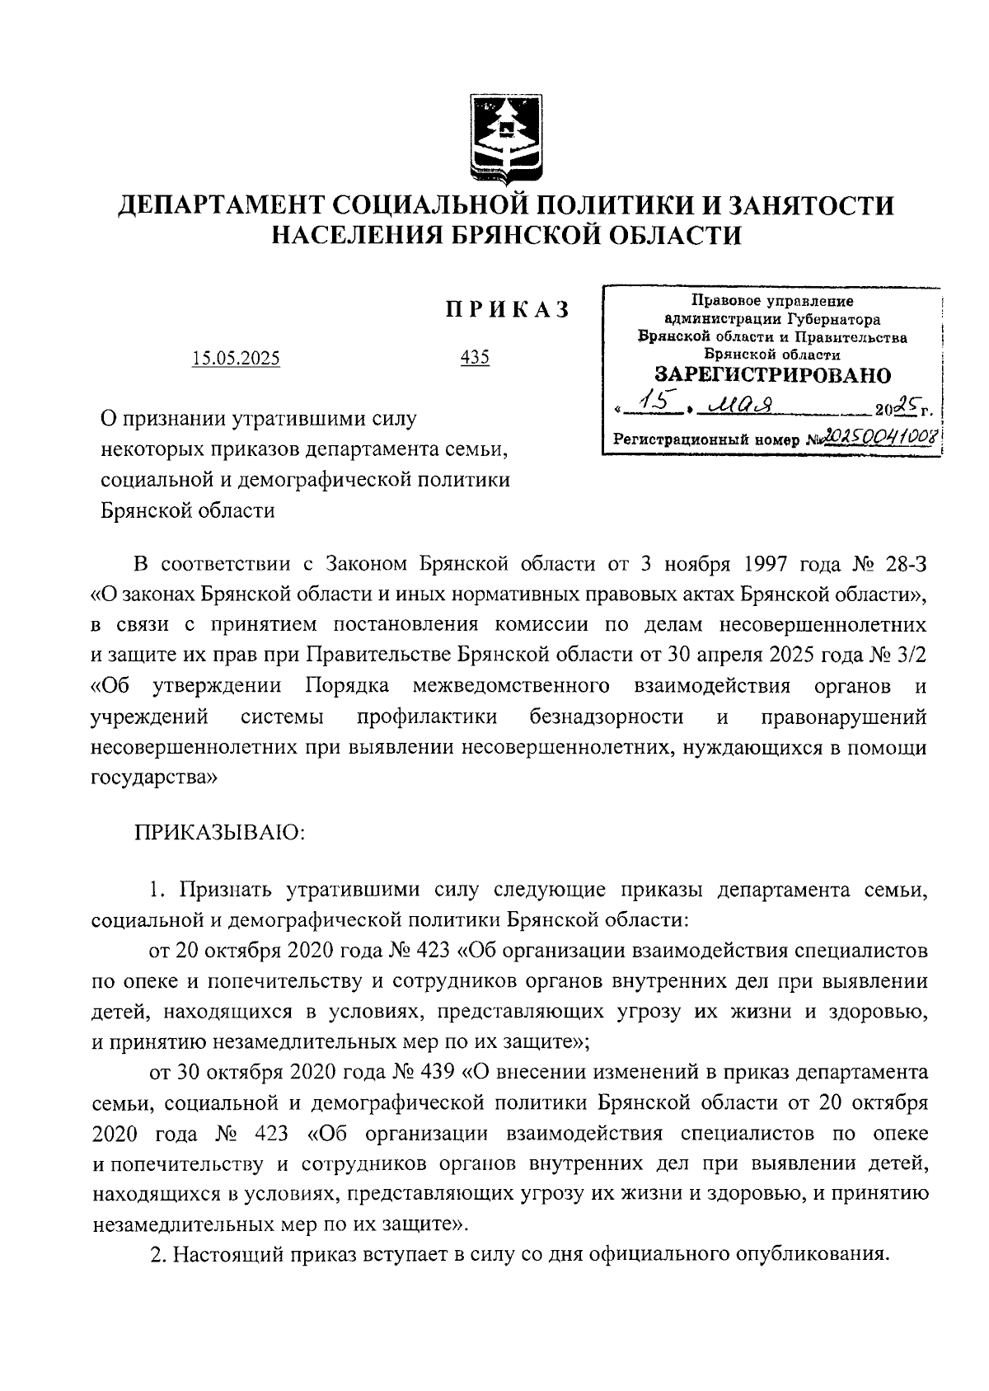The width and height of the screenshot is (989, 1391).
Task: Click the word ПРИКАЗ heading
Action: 507,311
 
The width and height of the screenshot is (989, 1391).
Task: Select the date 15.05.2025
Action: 236,359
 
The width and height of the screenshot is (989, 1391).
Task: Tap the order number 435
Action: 476,358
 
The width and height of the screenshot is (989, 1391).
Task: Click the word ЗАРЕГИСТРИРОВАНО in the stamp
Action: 772,376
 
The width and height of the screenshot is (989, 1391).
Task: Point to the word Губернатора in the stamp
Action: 833,320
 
